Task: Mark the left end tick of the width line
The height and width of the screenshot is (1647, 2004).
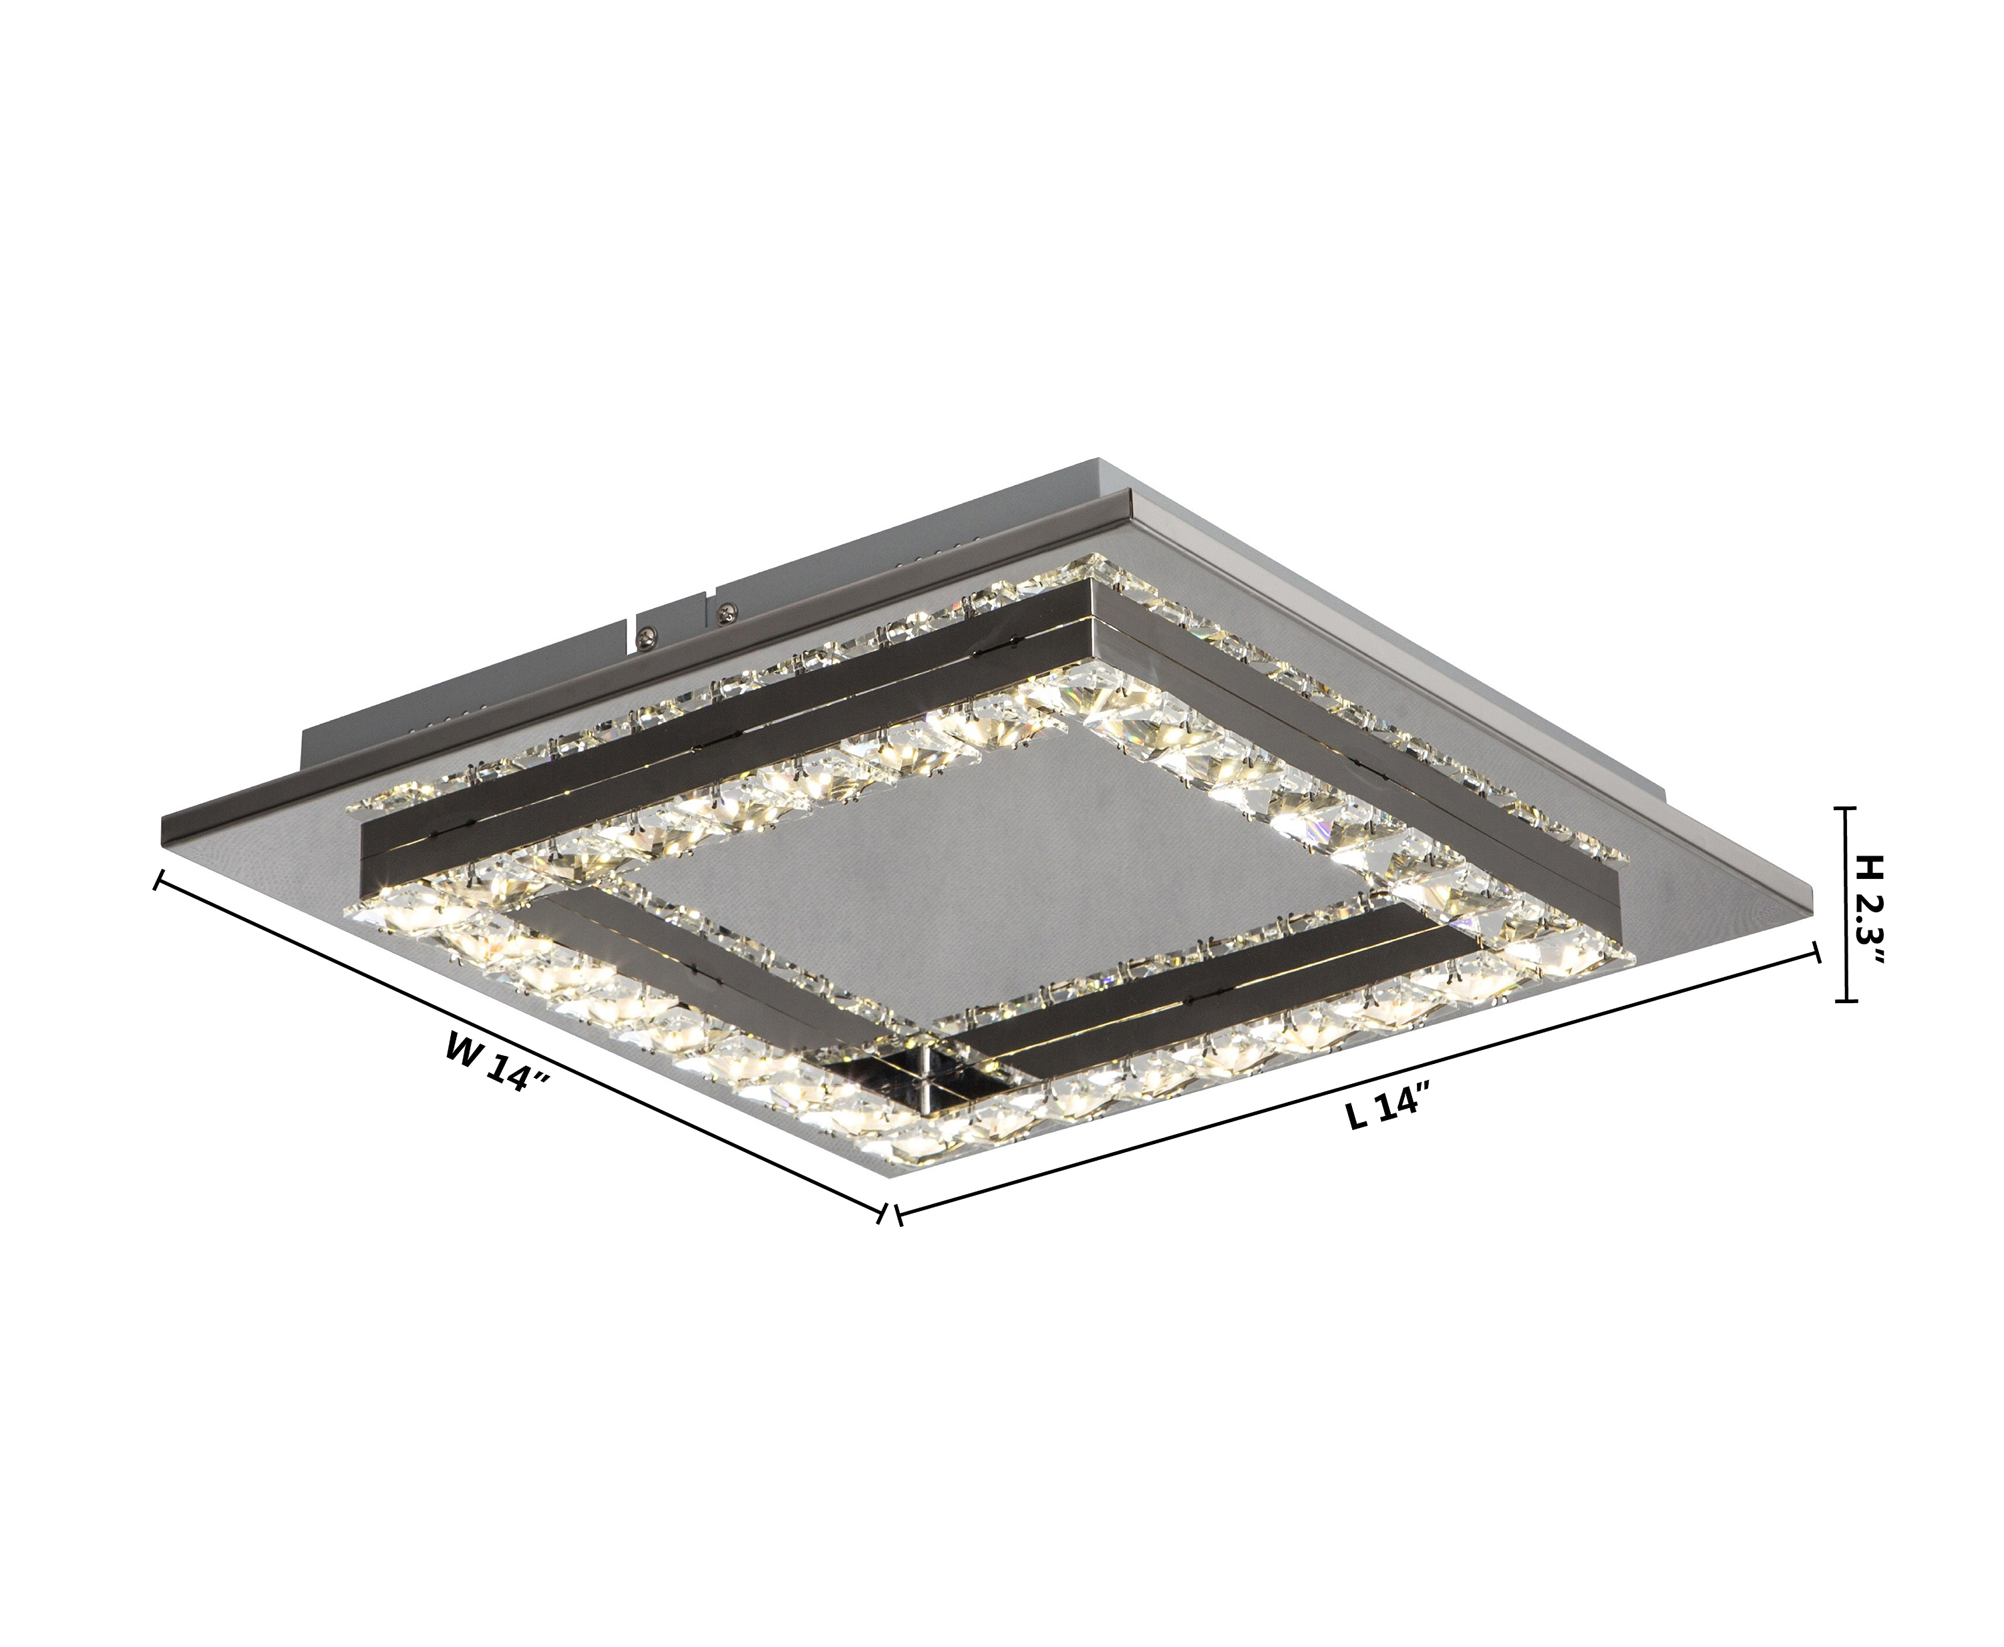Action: (x=158, y=882)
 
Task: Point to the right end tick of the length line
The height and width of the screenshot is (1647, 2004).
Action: (x=1818, y=952)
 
